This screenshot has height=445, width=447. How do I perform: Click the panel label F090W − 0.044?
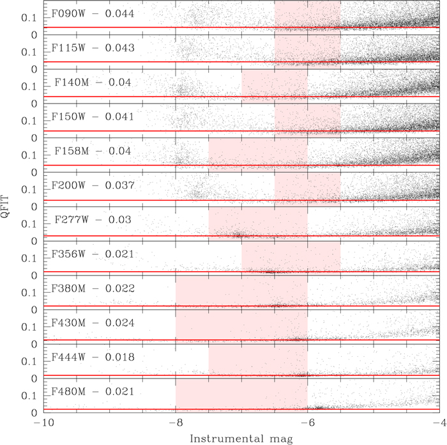[x=93, y=13]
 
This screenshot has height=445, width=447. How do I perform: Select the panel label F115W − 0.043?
[x=93, y=48]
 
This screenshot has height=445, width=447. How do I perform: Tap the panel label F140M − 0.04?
[x=93, y=82]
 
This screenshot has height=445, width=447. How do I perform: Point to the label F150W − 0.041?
[x=93, y=117]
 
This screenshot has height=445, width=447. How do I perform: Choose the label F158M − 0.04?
[x=93, y=152]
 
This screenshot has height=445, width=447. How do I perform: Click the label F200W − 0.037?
[x=93, y=185]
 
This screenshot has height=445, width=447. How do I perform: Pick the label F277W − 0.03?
[x=93, y=220]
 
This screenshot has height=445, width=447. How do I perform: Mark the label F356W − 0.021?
[x=93, y=254]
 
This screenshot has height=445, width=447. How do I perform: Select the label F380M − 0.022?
[x=93, y=289]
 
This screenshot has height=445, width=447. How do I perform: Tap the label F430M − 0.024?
[x=93, y=324]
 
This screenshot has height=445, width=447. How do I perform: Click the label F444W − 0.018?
[x=93, y=357]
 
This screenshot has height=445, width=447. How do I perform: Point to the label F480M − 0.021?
[x=93, y=392]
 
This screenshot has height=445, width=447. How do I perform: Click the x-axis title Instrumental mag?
[x=241, y=437]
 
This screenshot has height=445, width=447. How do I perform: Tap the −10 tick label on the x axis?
[x=43, y=423]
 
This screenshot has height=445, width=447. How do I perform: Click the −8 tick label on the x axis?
[x=175, y=423]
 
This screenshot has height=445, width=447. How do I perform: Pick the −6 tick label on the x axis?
[x=307, y=423]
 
